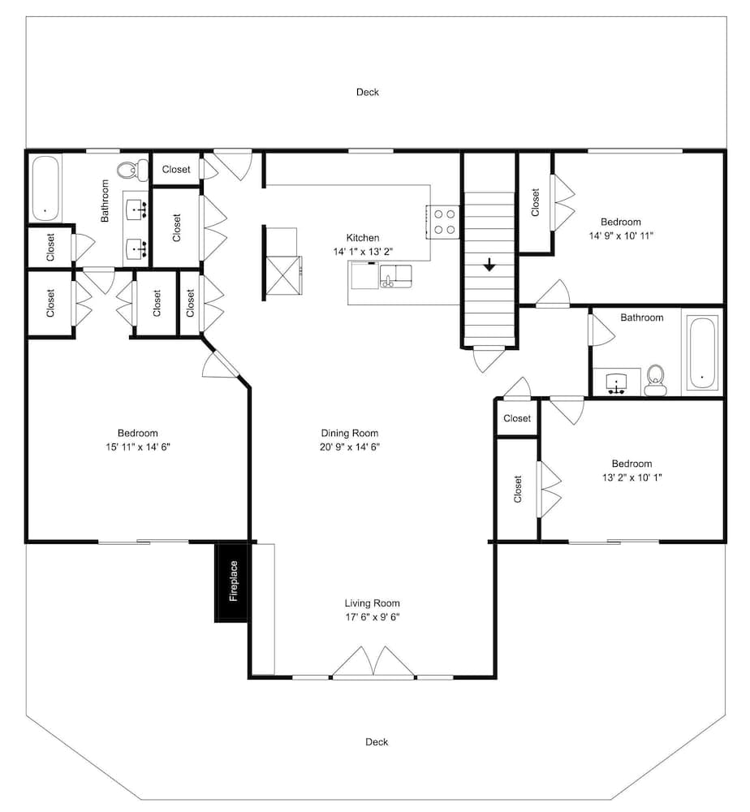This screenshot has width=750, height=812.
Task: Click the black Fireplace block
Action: pos(232,581)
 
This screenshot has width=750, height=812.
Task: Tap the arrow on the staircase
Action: pos(489,266)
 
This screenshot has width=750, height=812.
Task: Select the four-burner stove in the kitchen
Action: pos(442,222)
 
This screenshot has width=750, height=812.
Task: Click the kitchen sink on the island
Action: pos(395,276)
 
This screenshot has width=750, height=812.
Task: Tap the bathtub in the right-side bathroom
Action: pos(702,352)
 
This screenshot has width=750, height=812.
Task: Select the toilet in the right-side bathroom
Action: pos(656,380)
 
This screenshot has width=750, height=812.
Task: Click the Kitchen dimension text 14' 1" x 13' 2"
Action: pos(363,252)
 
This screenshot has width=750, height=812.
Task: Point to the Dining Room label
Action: pos(349,433)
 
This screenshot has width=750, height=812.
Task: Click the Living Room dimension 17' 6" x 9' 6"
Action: pos(372,617)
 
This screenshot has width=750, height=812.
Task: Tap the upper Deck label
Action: pos(368,93)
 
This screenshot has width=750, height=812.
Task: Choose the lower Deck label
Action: pos(377,741)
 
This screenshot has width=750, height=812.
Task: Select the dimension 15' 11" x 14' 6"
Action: pos(138,447)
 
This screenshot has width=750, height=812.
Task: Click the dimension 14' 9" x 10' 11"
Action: pos(621,235)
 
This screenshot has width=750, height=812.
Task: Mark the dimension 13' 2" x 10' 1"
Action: pos(632,477)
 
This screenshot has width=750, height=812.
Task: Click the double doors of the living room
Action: pos(373,663)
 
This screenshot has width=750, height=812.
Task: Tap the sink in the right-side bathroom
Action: pos(616,382)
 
